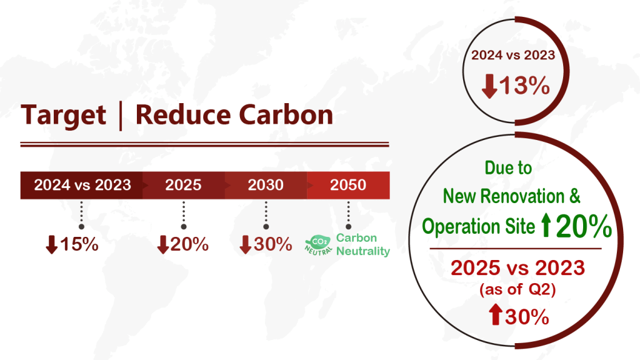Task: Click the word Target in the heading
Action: point(63,116)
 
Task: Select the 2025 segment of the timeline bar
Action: point(184,185)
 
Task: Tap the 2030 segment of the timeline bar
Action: point(266,185)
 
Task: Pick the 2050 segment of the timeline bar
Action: point(348,185)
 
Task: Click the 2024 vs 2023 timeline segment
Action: point(82,185)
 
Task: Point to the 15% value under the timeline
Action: point(79,244)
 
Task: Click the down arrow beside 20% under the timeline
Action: point(163,244)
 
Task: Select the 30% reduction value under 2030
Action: point(272,244)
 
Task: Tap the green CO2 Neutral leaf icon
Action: point(319,245)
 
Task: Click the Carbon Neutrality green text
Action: point(363,244)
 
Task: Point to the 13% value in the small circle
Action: point(524,86)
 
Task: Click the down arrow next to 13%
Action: point(489,86)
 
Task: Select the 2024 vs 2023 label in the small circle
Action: point(513,55)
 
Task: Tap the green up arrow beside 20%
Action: point(546,226)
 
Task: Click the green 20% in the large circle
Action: point(584,226)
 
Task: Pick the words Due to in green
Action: point(508,167)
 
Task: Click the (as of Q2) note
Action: point(517,289)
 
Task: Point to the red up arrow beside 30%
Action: point(496,314)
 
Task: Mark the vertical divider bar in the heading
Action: point(121,116)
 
